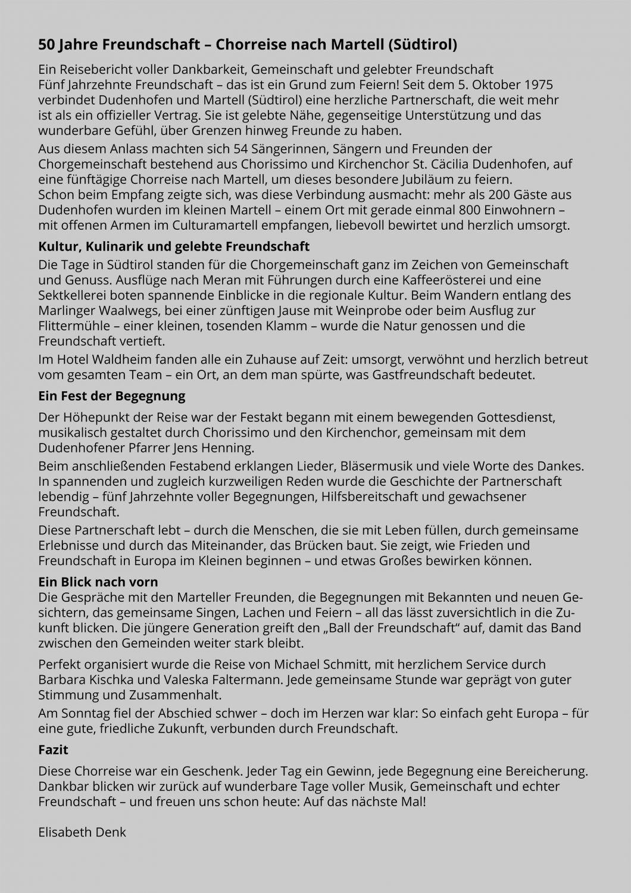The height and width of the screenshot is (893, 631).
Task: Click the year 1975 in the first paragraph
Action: pyautogui.click(x=538, y=85)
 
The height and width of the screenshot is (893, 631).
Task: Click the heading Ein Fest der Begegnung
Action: pyautogui.click(x=112, y=395)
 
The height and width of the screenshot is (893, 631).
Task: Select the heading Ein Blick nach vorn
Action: pyautogui.click(x=98, y=582)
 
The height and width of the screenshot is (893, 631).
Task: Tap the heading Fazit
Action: pyautogui.click(x=53, y=749)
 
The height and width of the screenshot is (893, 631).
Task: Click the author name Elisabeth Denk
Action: pyautogui.click(x=82, y=832)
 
